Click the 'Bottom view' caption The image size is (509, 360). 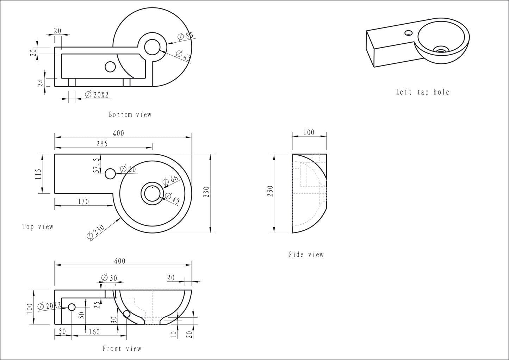tap(130, 114)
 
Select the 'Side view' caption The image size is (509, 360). tap(306, 254)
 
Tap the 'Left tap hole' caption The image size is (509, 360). tap(423, 92)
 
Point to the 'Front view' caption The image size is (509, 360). tap(122, 349)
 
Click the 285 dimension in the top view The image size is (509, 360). tap(101, 143)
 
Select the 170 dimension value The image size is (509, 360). tap(83, 201)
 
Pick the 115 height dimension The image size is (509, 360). tap(38, 174)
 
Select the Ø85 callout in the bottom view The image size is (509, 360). tap(185, 36)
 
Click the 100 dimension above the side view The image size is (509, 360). tap(309, 132)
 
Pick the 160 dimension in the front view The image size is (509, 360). tap(94, 331)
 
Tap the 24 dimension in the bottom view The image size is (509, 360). tap(41, 83)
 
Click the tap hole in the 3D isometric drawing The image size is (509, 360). tap(409, 33)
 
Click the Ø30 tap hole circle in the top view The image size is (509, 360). tap(111, 173)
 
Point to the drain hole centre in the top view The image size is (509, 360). tap(152, 193)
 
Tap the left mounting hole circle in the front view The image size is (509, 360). tap(72, 307)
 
